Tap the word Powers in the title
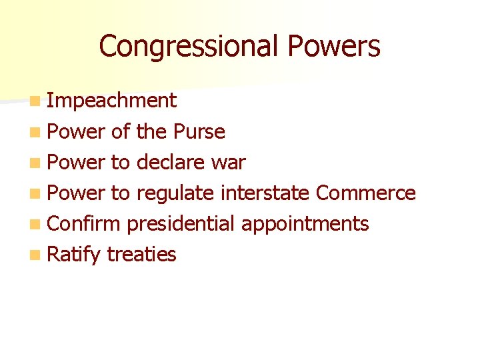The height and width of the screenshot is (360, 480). tap(335, 47)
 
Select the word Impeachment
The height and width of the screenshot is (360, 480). tap(112, 101)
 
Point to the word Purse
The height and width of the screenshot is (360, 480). tap(199, 131)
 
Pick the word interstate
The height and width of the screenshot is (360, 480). tap(265, 193)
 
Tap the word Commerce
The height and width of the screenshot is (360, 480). tap(365, 193)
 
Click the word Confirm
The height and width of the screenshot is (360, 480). tap(84, 223)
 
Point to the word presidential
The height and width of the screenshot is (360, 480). tap(181, 223)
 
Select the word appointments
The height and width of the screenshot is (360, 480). tap(305, 224)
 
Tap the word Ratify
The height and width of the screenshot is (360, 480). tap(74, 254)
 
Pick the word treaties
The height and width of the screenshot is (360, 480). tap(141, 254)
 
